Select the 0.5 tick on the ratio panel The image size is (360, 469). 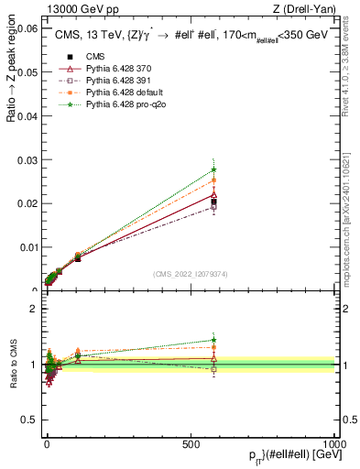[29, 420]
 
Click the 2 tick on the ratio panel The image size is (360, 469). [33, 309]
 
